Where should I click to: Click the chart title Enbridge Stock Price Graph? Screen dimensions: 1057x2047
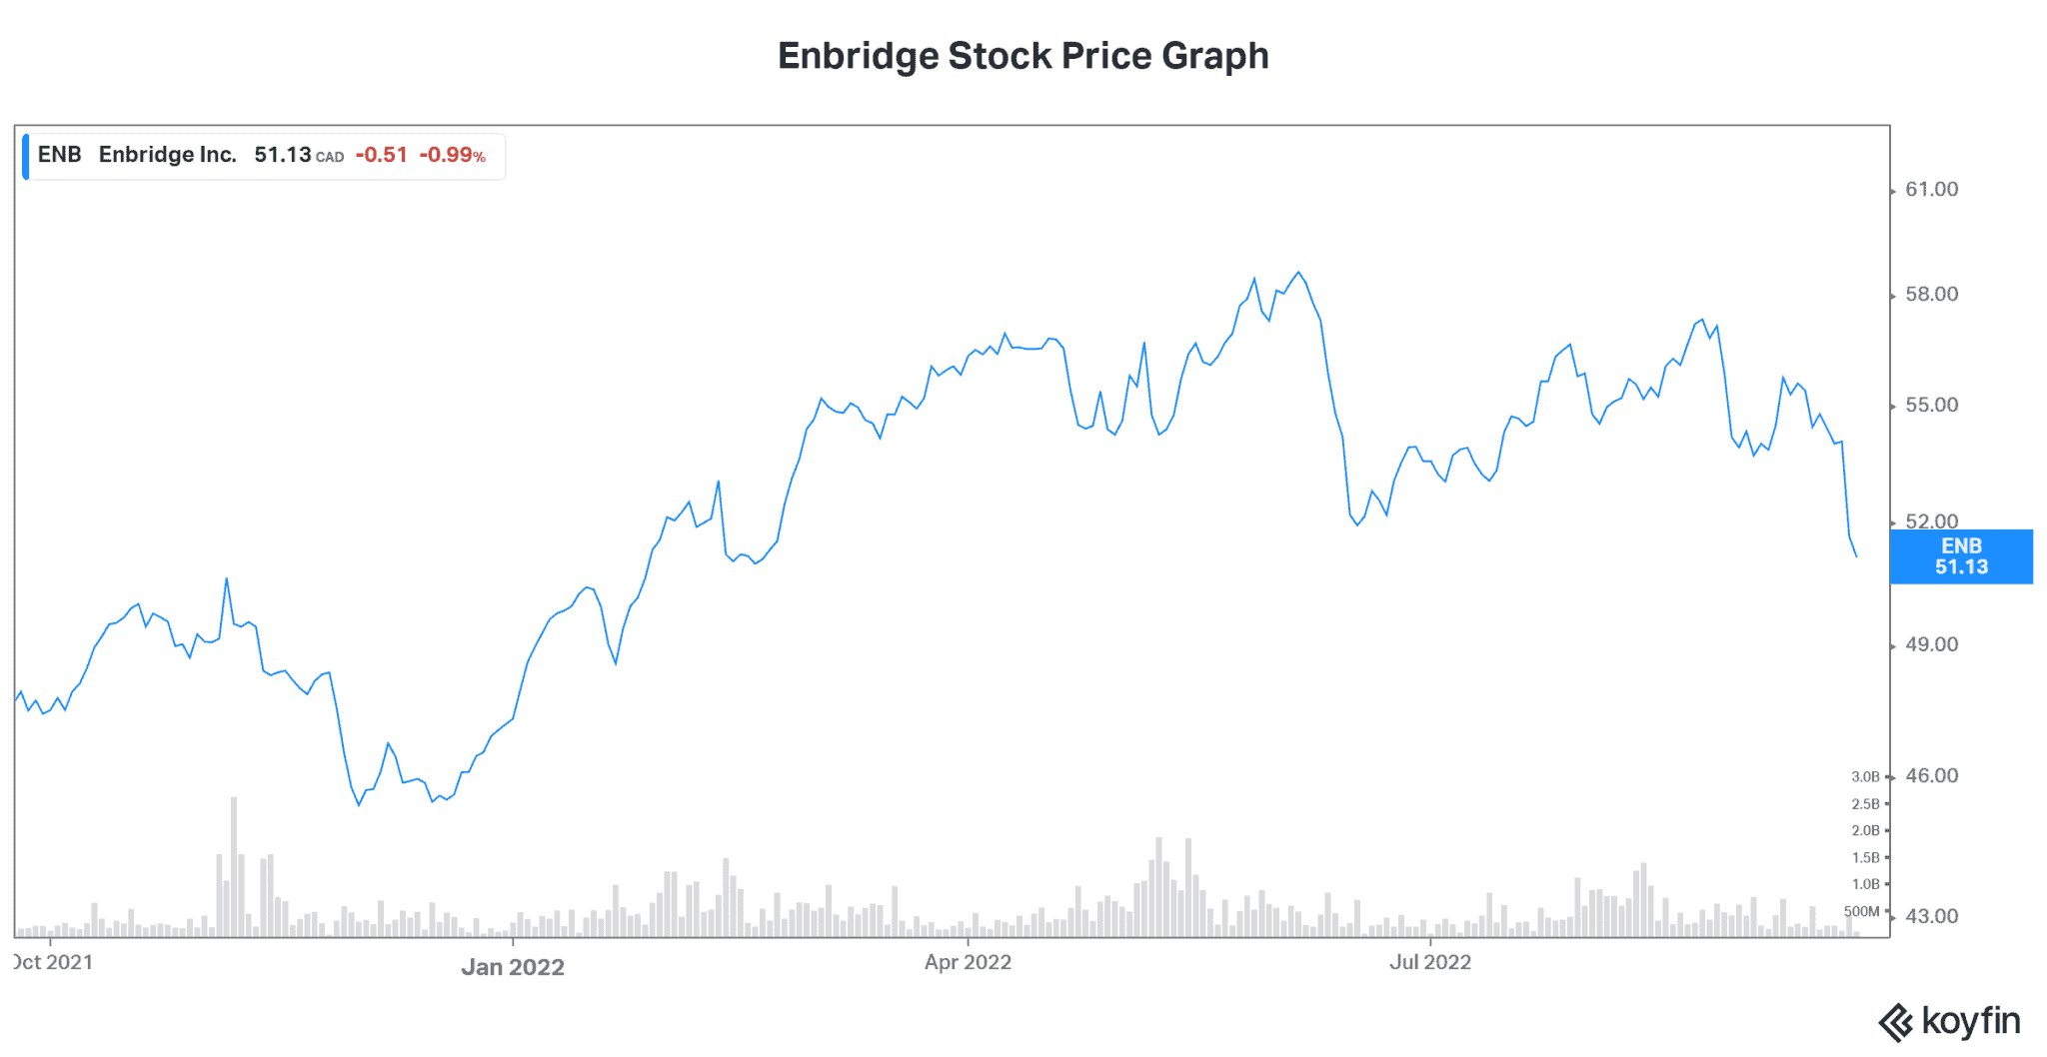1023,56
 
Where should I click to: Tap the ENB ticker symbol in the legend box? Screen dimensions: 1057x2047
59,155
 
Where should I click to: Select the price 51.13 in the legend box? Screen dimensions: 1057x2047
283,155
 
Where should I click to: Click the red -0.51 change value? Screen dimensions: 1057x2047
381,155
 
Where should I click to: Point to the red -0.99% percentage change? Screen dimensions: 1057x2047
452,155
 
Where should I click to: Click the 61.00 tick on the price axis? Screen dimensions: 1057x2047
1931,190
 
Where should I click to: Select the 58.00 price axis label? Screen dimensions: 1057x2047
1931,295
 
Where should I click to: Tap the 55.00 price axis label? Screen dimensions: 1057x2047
1931,406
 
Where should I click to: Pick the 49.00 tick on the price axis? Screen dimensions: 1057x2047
1931,645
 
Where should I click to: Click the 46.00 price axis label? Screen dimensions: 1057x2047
1931,776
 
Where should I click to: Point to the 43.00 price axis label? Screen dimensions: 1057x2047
1931,917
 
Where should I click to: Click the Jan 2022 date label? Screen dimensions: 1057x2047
513,967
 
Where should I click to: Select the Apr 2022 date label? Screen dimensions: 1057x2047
968,962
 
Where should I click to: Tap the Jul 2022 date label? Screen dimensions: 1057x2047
1430,962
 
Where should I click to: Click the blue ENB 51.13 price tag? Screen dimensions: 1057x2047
1961,556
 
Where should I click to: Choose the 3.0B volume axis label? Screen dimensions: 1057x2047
1865,777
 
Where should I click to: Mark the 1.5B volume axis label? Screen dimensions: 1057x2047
1865,858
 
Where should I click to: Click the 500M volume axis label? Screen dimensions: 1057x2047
1861,911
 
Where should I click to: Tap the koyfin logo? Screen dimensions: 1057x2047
1949,1022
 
